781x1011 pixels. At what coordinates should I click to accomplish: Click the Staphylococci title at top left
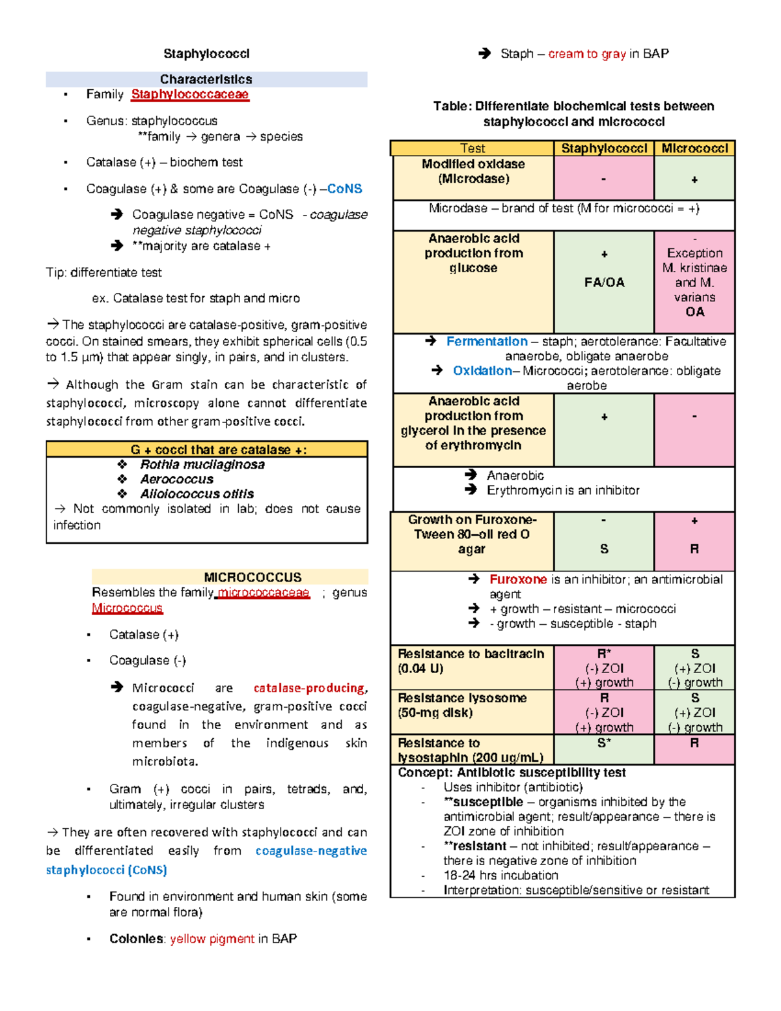point(206,53)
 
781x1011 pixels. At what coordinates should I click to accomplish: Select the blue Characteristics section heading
point(206,79)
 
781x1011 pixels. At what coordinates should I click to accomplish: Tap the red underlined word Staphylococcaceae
point(189,94)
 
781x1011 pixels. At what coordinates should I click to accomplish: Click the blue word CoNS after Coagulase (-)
point(344,189)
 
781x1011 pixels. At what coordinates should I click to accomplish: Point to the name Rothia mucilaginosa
point(202,465)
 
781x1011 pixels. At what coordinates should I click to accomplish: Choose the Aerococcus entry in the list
point(176,479)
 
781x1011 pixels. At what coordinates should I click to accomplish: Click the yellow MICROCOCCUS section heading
point(253,577)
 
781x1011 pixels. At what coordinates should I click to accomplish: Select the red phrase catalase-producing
point(309,688)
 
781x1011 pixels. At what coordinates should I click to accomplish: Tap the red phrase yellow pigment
point(212,939)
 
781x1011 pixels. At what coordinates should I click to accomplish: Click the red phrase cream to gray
point(586,54)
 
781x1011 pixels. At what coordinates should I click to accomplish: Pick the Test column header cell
point(473,148)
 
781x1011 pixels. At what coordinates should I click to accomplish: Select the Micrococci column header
point(694,148)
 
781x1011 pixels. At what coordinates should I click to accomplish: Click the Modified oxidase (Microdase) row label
point(473,171)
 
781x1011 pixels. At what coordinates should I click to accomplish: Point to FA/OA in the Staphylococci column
point(604,283)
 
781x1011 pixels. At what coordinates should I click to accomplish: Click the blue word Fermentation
point(487,342)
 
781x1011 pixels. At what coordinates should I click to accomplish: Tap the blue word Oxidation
point(482,371)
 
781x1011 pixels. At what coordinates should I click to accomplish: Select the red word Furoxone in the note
point(518,579)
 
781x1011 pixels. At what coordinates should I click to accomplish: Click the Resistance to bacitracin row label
point(471,661)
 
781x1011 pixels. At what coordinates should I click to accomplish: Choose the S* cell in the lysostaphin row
point(604,743)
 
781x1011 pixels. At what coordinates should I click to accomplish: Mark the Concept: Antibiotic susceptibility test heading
point(512,773)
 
